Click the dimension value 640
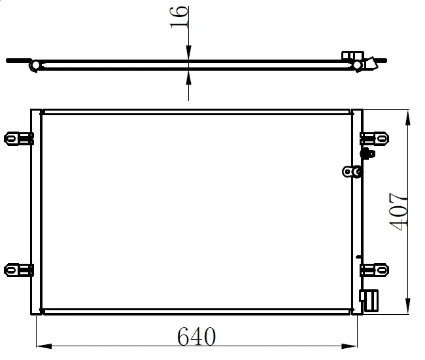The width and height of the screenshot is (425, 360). [197, 336]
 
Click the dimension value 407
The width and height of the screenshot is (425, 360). [398, 211]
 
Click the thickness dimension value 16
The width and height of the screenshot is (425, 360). [179, 18]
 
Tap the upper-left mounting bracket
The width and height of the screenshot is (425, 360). [18, 139]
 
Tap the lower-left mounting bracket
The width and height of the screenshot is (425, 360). [18, 270]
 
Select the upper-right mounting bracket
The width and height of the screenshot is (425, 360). [374, 138]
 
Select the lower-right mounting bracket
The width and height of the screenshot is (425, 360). [374, 270]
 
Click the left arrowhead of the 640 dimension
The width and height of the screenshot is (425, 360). [44, 346]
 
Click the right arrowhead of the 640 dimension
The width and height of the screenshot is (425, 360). [349, 346]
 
